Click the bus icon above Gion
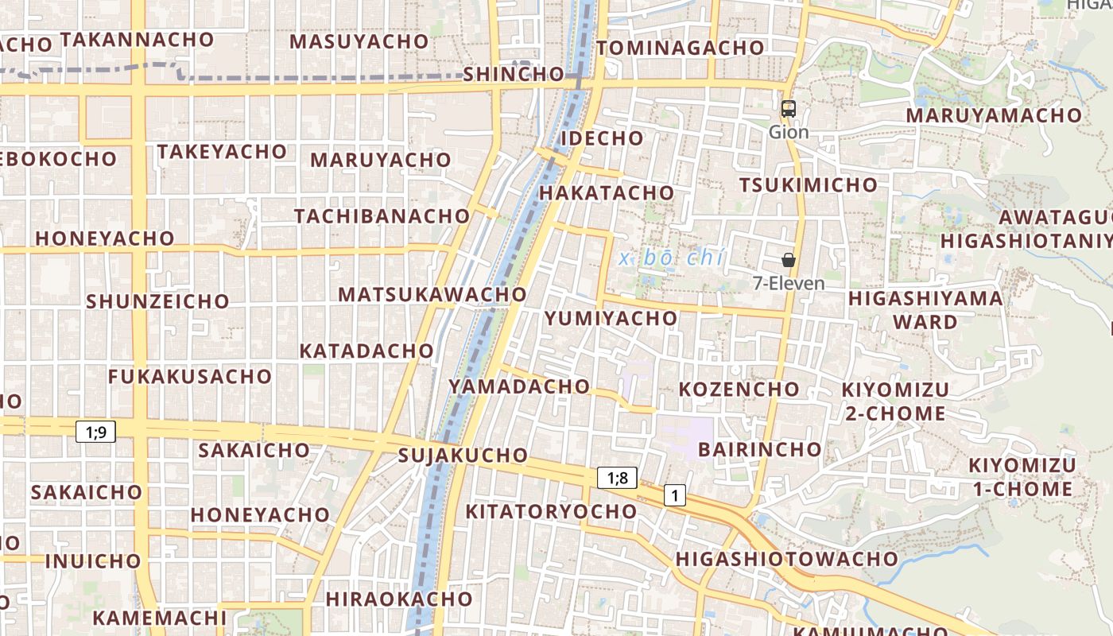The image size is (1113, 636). coord(789,110)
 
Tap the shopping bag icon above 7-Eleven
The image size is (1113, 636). coord(789,260)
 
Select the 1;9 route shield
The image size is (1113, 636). coord(96,432)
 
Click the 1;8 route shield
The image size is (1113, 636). coord(618,478)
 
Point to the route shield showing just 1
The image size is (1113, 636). coord(675,495)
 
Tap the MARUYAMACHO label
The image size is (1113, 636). coord(994,115)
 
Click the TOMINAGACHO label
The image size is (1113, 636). coord(680,48)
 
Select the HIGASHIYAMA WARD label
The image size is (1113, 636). coord(925,310)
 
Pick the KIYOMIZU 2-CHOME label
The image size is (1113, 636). coord(895,401)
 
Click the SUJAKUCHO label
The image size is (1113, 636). coord(462,456)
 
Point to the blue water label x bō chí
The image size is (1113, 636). coord(672,258)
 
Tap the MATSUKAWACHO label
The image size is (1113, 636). coord(432,294)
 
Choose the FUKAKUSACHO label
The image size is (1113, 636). coord(190,376)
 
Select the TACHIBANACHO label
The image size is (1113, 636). coord(382,216)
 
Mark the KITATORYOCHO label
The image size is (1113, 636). coord(551,511)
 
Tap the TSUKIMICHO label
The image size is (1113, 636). coord(809,185)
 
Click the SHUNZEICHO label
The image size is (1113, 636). coord(157,301)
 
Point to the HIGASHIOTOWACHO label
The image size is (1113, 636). coord(786,559)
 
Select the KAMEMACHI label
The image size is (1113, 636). coord(160,618)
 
